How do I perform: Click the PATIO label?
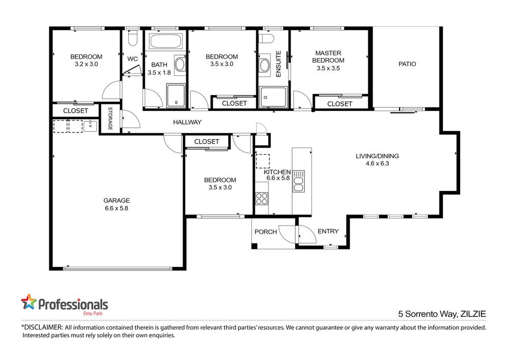pos(407,64)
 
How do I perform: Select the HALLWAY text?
pos(187,122)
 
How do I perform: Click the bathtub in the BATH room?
pos(164,41)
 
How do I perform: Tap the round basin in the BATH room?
pos(180,64)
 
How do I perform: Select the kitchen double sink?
pos(298,182)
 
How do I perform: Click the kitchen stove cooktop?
pos(262,198)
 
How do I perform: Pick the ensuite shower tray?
pos(273,97)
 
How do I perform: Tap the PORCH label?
pos(266,232)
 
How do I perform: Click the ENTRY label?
pos(328,231)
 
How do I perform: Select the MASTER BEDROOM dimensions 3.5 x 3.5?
pos(328,68)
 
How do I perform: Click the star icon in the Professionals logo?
pos(29,302)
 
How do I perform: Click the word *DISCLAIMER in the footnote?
pos(42,327)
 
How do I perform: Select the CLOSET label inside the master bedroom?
pos(340,104)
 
